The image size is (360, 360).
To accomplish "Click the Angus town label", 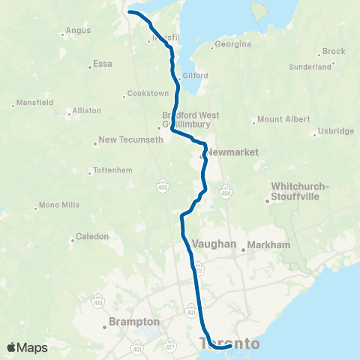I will point(78,31).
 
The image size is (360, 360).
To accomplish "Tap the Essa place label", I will point(102,64).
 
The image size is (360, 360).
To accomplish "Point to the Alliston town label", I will point(86,110).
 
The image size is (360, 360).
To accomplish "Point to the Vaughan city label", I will point(214,244).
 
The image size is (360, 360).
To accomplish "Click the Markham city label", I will point(268,245).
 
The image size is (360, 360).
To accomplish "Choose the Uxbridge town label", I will point(335,131).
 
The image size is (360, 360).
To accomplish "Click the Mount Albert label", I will point(283,119).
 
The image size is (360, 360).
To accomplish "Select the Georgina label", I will point(232,44).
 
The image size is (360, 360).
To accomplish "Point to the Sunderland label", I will point(310,67).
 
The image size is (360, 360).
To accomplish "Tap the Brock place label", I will point(334,52).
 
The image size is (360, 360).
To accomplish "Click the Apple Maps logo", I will point(27,347).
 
